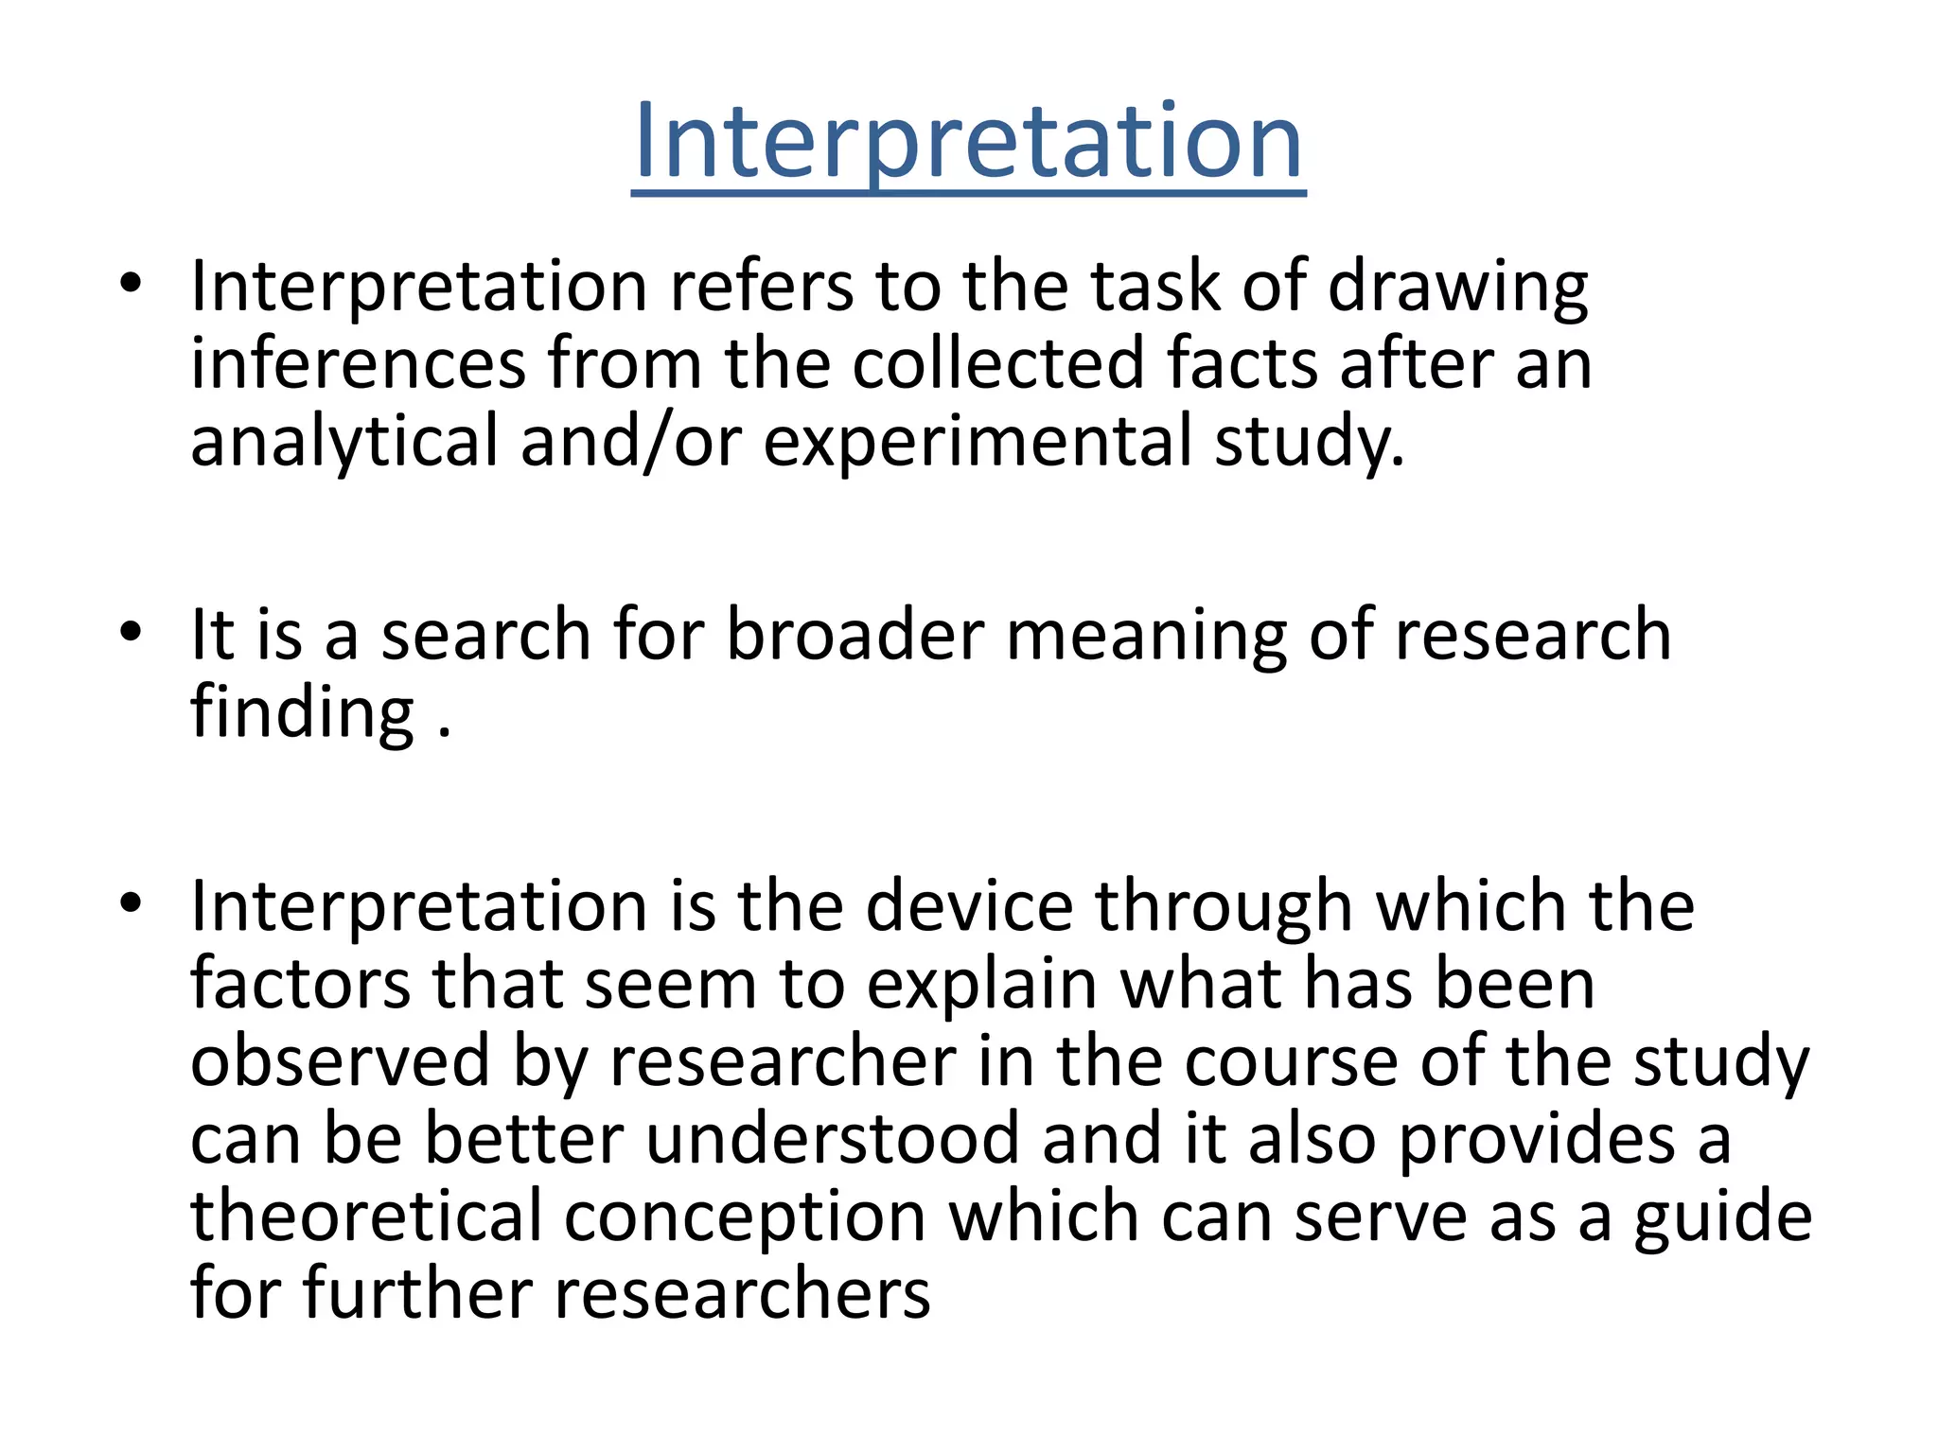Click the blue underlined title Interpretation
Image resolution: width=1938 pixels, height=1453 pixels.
click(968, 144)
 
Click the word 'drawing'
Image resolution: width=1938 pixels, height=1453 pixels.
click(1457, 288)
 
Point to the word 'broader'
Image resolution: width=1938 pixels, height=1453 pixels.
click(854, 636)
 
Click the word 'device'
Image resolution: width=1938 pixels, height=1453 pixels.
click(969, 906)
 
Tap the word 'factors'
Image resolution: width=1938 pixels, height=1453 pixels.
click(300, 985)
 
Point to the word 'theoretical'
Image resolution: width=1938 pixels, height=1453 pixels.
click(366, 1217)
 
